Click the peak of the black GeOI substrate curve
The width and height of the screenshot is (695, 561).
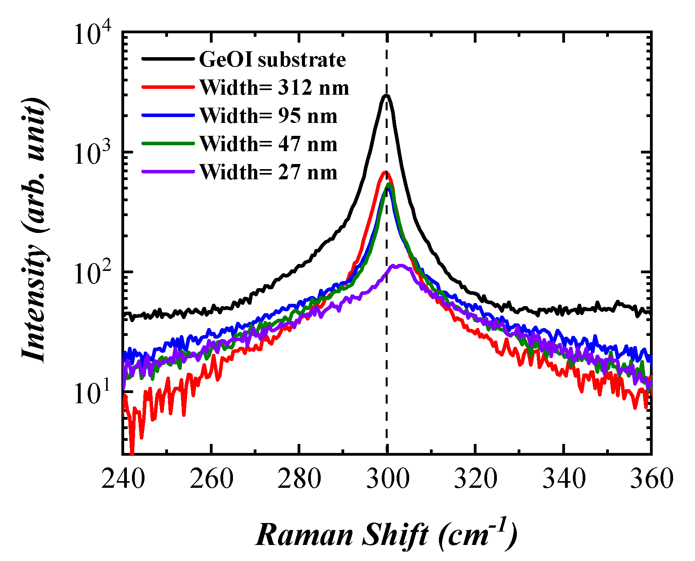[386, 96]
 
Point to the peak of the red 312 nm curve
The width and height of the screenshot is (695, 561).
[385, 172]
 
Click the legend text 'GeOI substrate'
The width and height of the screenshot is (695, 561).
[273, 60]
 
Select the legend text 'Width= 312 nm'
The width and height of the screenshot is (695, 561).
[274, 88]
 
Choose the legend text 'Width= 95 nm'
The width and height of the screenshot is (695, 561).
[268, 116]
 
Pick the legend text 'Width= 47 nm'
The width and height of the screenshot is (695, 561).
[268, 144]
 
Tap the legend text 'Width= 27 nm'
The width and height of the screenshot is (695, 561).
[268, 172]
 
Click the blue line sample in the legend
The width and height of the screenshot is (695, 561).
[168, 115]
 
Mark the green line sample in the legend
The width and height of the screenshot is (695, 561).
[168, 144]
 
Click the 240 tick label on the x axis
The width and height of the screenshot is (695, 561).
[123, 478]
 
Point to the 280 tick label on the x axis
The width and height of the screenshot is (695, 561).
[299, 478]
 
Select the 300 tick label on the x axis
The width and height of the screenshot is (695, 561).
[387, 478]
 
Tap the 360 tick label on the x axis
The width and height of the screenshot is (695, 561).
[652, 478]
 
